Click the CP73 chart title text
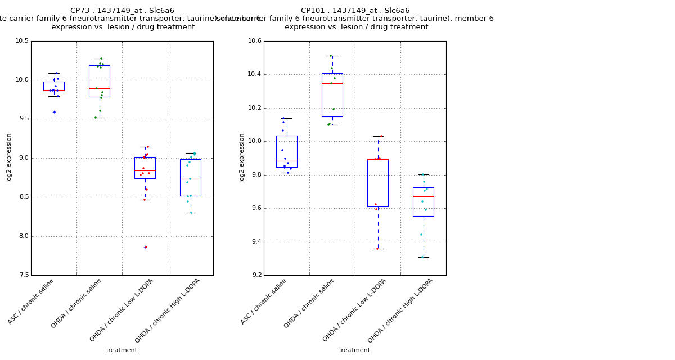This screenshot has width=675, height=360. click(x=122, y=11)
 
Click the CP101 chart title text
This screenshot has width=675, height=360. click(x=355, y=11)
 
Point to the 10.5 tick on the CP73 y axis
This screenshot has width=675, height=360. click(x=22, y=41)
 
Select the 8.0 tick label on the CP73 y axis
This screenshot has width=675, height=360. click(x=22, y=236)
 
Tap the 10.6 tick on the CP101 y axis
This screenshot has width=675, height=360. click(x=255, y=41)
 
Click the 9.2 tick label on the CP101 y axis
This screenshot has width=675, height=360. click(x=255, y=275)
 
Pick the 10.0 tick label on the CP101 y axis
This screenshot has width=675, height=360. click(x=255, y=141)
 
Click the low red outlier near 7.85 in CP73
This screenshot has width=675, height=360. click(x=146, y=247)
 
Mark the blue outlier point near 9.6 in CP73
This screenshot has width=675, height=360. click(x=55, y=112)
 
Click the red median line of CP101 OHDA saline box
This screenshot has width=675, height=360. click(x=332, y=83)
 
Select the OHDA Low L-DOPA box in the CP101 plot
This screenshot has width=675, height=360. click(x=377, y=183)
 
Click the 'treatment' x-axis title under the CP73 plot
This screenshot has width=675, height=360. click(x=121, y=350)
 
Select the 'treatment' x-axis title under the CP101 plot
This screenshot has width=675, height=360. click(x=354, y=350)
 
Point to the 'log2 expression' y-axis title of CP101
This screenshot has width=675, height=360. click(x=242, y=158)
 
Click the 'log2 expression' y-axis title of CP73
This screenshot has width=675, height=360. click(x=9, y=158)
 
